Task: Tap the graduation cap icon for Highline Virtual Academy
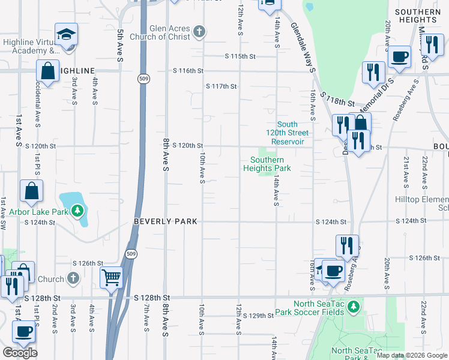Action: [67, 35]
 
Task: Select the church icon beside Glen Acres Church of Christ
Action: [199, 30]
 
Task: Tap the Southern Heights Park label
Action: [267, 164]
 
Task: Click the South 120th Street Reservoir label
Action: [289, 133]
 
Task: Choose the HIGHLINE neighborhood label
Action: [76, 71]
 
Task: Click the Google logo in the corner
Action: [20, 353]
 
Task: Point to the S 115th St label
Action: [240, 56]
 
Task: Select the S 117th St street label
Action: [221, 86]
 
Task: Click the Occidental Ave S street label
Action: [38, 105]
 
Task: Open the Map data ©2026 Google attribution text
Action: [412, 355]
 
